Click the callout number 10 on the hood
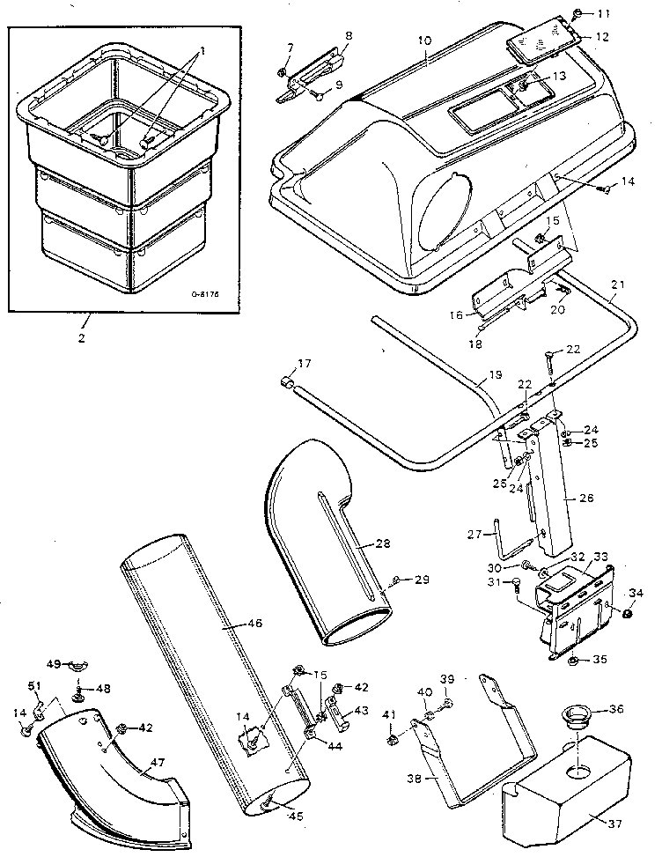coord(424,41)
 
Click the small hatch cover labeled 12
coord(539,42)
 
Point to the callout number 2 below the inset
coord(82,337)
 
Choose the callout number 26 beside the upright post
coord(586,498)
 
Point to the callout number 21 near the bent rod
coord(616,284)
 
